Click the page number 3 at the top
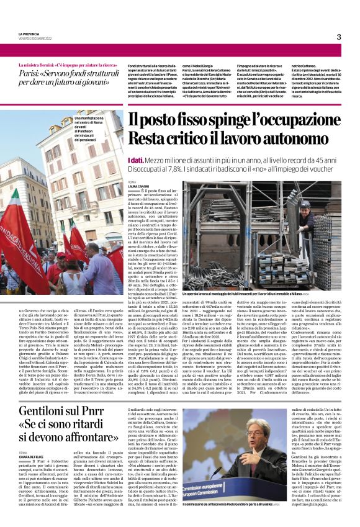tap(338, 37)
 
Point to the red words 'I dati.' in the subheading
tap(138, 161)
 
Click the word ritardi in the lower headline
tap(97, 426)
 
